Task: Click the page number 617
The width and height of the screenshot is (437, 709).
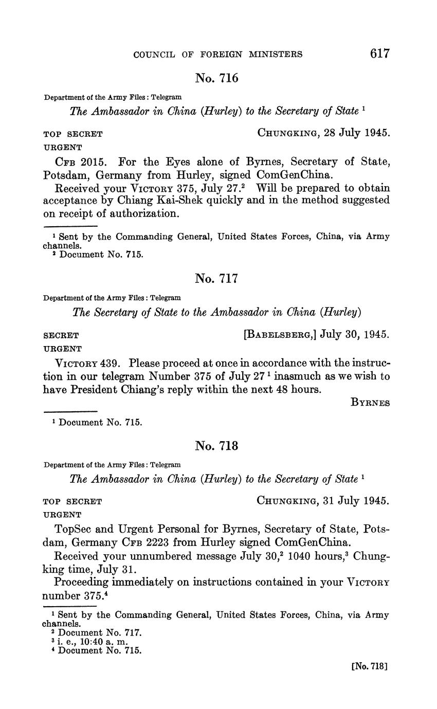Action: tap(379, 54)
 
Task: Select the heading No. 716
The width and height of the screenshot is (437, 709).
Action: tap(216, 78)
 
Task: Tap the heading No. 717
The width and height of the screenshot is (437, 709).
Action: tap(216, 279)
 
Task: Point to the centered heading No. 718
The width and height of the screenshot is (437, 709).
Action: tap(216, 446)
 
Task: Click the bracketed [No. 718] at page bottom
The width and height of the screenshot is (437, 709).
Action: tap(369, 666)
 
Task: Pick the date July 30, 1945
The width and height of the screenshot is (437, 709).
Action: tap(355, 335)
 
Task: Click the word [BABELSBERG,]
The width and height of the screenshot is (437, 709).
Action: tap(280, 335)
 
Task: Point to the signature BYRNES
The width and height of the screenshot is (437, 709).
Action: tap(370, 403)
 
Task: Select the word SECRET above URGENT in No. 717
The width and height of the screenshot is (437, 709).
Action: tap(61, 336)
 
